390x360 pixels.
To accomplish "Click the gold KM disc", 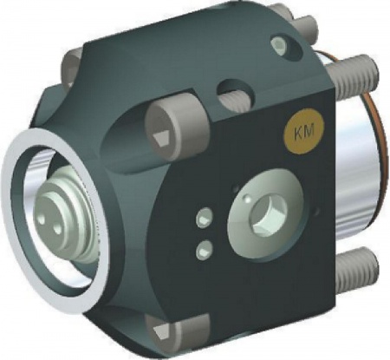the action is [x=304, y=133].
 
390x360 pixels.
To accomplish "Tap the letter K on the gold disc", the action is [x=299, y=134].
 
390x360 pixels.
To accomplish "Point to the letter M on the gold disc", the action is [x=309, y=132].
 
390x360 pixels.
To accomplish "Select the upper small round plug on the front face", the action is [x=205, y=218].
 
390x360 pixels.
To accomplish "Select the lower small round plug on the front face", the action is [x=204, y=250].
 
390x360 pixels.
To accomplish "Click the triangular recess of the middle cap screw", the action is [x=161, y=140].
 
